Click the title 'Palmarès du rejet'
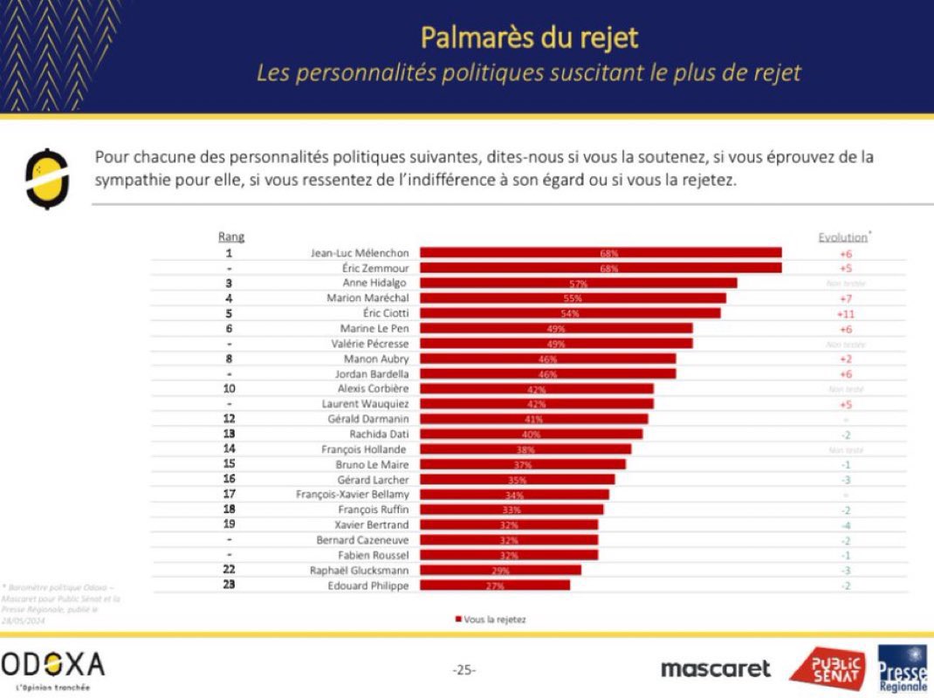pyautogui.click(x=529, y=37)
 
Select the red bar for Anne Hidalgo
pyautogui.click(x=578, y=283)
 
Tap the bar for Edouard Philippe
pyautogui.click(x=494, y=585)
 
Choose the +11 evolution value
pyautogui.click(x=846, y=312)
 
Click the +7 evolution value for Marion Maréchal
pyautogui.click(x=846, y=298)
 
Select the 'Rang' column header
pyautogui.click(x=230, y=236)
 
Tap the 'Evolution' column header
pyautogui.click(x=843, y=236)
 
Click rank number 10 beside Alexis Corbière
pyautogui.click(x=229, y=388)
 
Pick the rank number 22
pyautogui.click(x=229, y=570)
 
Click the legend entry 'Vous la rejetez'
pyautogui.click(x=490, y=619)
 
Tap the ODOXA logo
pyautogui.click(x=52, y=666)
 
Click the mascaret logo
pyautogui.click(x=716, y=668)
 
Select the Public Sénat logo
pyautogui.click(x=828, y=668)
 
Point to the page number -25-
pyautogui.click(x=464, y=670)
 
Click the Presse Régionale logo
pyautogui.click(x=903, y=668)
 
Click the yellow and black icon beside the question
pyautogui.click(x=46, y=179)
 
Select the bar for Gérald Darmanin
pyautogui.click(x=533, y=419)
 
